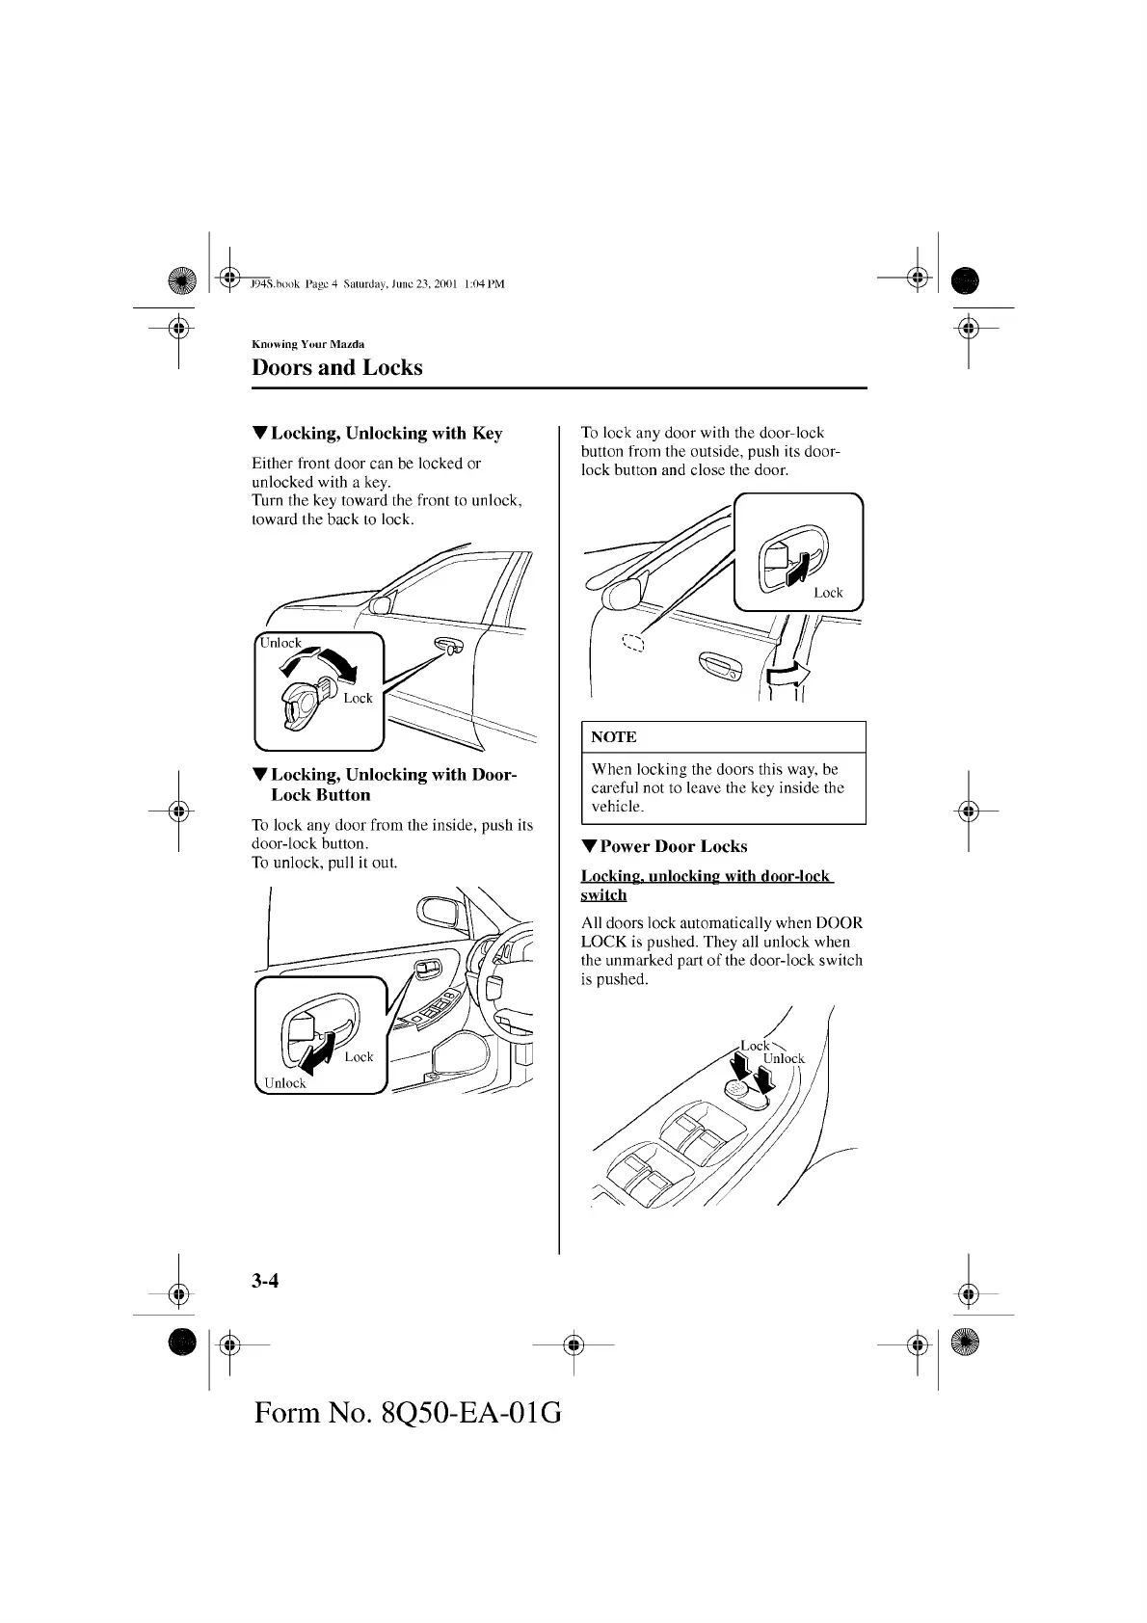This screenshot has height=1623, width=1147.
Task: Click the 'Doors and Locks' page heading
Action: (336, 367)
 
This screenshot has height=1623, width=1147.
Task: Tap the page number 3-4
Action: (265, 1281)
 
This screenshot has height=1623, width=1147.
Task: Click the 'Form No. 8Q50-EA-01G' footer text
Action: (408, 1413)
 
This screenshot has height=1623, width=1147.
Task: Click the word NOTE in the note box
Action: (613, 737)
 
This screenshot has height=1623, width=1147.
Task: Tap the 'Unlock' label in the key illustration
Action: (280, 643)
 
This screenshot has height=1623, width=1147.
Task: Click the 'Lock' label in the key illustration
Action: (358, 698)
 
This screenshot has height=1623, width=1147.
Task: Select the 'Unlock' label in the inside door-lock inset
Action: (285, 1083)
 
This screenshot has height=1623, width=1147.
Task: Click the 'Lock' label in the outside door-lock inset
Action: (828, 593)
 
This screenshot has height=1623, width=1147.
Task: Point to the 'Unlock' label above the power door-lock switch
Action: (784, 1058)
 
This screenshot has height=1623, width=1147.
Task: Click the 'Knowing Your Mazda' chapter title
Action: (307, 344)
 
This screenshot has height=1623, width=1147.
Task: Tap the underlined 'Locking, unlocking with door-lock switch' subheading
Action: (706, 885)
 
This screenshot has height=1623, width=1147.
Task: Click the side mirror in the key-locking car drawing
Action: (381, 605)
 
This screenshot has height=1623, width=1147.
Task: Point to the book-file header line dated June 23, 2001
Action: (377, 284)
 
